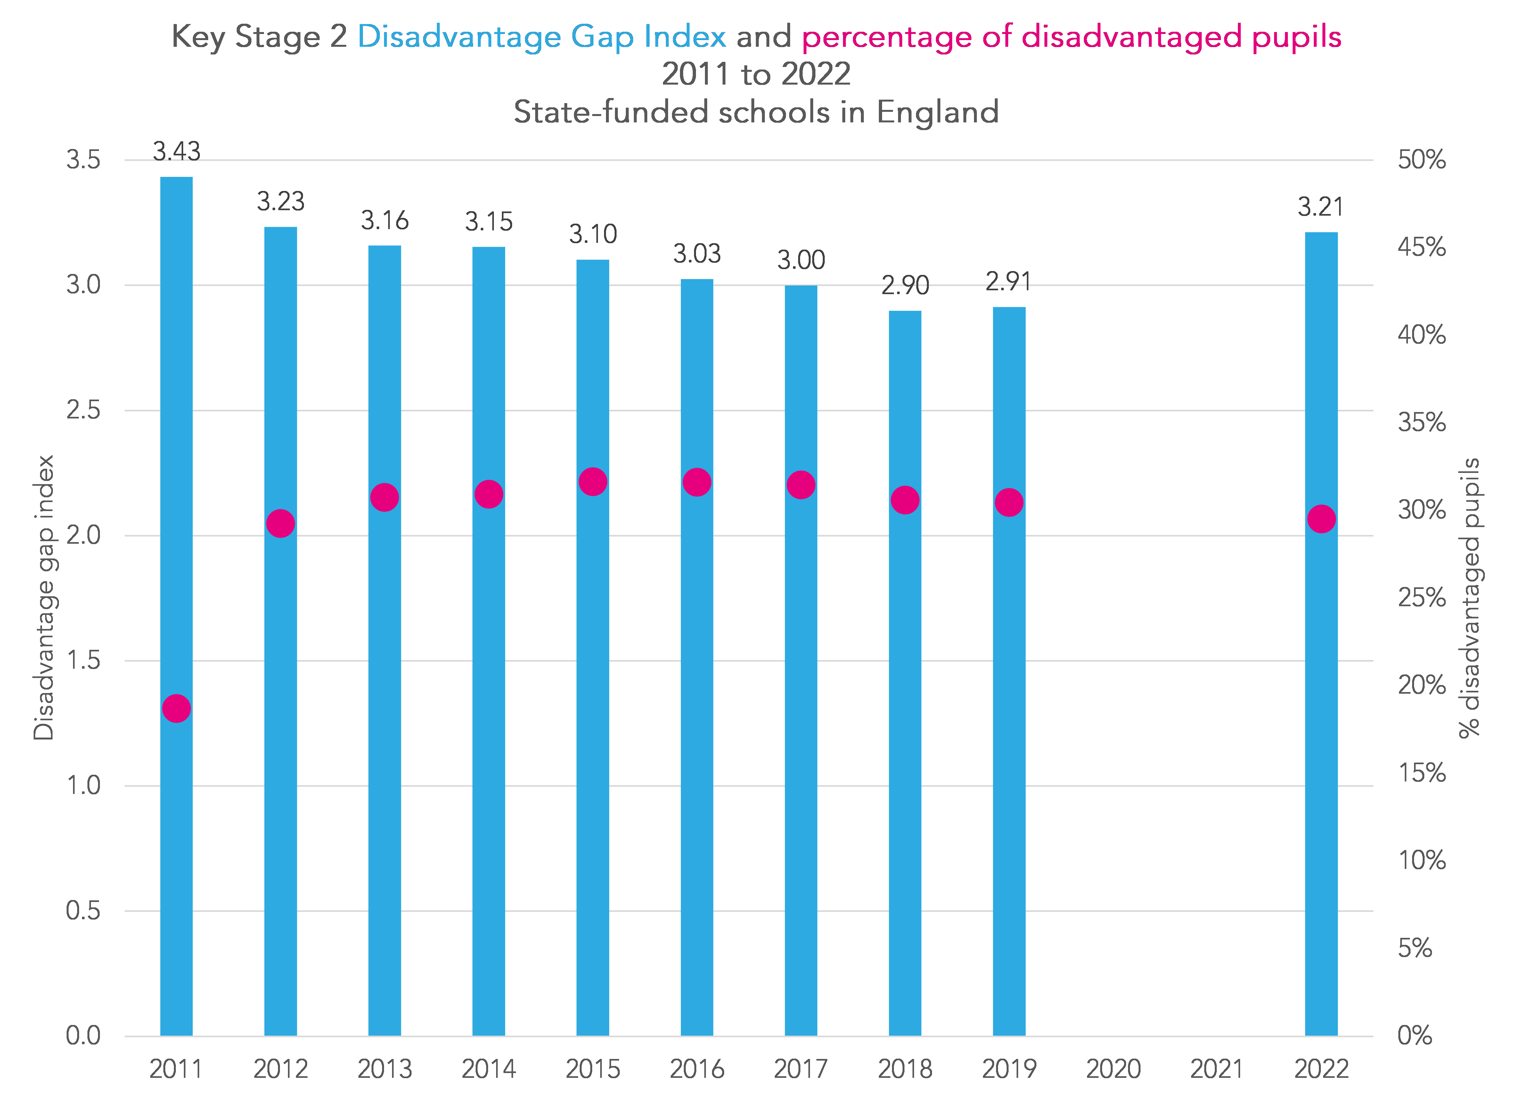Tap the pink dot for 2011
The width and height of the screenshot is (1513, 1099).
coord(176,708)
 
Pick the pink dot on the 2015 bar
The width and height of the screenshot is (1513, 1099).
coord(593,481)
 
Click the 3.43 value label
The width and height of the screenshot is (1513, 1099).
coord(176,152)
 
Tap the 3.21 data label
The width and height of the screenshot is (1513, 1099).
coord(1320,207)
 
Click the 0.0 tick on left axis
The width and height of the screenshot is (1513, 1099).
coord(83,1036)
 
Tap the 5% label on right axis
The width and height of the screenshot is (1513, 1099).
coord(1415,948)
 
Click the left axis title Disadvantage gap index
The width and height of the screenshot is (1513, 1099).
coord(44,597)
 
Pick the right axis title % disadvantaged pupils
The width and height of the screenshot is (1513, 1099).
coord(1469,597)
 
